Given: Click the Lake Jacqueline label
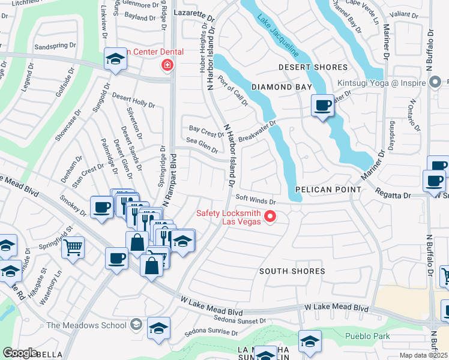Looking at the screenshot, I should tap(278, 37).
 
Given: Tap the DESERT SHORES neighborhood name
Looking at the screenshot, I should tap(313, 67).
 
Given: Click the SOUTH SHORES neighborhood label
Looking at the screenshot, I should tap(292, 271).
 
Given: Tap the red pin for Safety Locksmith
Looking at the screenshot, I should tap(270, 217).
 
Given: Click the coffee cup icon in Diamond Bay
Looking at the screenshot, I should tap(322, 106).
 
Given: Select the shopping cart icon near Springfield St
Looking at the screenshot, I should tap(73, 246).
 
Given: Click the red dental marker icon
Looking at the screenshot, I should tap(167, 65).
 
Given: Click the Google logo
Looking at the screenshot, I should tap(20, 353).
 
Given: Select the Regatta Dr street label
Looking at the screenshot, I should tap(393, 195).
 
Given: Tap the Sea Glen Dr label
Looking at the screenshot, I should tap(202, 146).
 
